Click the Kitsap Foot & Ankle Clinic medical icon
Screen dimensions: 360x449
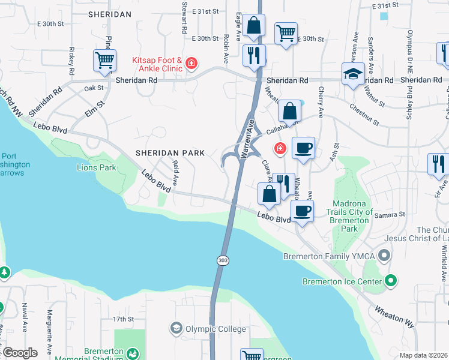(x=191, y=63)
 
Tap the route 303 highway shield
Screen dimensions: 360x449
(x=221, y=260)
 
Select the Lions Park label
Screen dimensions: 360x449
(x=96, y=167)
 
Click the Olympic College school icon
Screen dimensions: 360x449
(x=176, y=328)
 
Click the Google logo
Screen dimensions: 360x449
(x=19, y=352)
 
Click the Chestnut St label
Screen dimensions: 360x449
(x=360, y=114)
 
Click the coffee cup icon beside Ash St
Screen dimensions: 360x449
(x=303, y=148)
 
